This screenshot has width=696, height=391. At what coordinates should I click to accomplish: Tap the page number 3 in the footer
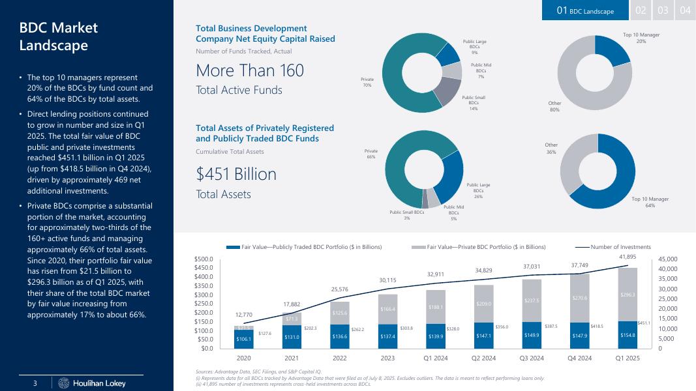pos(37,383)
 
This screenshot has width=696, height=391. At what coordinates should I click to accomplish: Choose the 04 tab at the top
pos(685,10)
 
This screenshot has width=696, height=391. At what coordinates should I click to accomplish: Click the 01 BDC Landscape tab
pos(585,10)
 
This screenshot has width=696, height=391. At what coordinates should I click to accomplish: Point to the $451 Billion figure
pos(236,175)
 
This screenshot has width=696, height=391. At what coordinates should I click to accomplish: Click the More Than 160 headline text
pos(250,70)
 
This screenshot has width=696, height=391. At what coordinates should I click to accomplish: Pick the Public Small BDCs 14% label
pos(474,103)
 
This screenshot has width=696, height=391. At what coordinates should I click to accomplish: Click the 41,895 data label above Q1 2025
pos(627,257)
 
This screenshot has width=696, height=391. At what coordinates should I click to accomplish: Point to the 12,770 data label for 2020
pos(244,315)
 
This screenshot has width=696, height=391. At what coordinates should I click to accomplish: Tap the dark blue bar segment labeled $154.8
pos(627,334)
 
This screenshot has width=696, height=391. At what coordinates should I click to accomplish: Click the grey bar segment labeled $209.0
pos(483,304)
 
